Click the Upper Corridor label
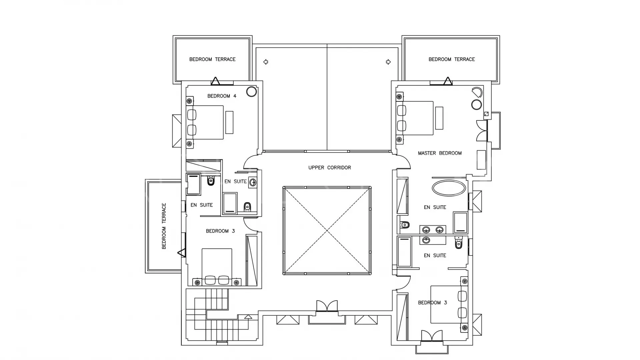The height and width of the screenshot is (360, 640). (329, 168)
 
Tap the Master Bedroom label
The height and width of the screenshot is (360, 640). (440, 153)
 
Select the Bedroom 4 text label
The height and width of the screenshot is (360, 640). (222, 96)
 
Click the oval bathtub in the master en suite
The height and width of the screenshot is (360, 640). (449, 188)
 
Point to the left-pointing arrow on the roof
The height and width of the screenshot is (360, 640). (266, 62)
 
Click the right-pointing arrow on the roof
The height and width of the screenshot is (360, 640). (388, 62)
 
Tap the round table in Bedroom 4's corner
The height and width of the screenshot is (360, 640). (252, 92)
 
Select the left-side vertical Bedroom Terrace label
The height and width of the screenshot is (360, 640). (164, 226)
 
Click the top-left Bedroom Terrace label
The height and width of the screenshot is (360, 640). (212, 59)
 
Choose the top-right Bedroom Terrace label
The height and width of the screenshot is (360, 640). (452, 59)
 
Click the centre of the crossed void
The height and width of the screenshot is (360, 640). (327, 230)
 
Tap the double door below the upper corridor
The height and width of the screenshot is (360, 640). (327, 306)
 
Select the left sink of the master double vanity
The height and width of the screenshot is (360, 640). (426, 230)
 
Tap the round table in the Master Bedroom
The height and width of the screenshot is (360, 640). (477, 105)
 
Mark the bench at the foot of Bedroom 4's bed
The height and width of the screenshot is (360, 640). (229, 122)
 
